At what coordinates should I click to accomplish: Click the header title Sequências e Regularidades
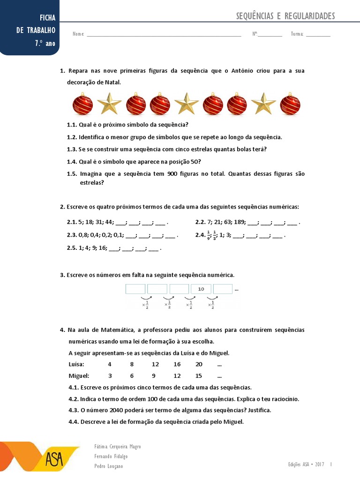click(285, 16)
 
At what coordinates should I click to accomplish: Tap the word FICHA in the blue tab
click(47, 18)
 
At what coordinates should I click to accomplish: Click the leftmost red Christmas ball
click(82, 105)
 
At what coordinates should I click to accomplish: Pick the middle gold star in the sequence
click(186, 104)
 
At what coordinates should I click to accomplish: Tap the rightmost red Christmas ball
click(290, 105)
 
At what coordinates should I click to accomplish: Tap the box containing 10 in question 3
click(201, 289)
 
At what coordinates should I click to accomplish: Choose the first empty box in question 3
click(135, 289)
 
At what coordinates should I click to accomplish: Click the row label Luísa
click(76, 364)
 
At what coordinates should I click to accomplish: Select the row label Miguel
click(78, 375)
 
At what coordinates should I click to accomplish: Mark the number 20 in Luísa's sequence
click(199, 364)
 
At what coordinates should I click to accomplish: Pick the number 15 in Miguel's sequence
click(199, 375)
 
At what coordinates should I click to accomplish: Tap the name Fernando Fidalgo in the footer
click(111, 456)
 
